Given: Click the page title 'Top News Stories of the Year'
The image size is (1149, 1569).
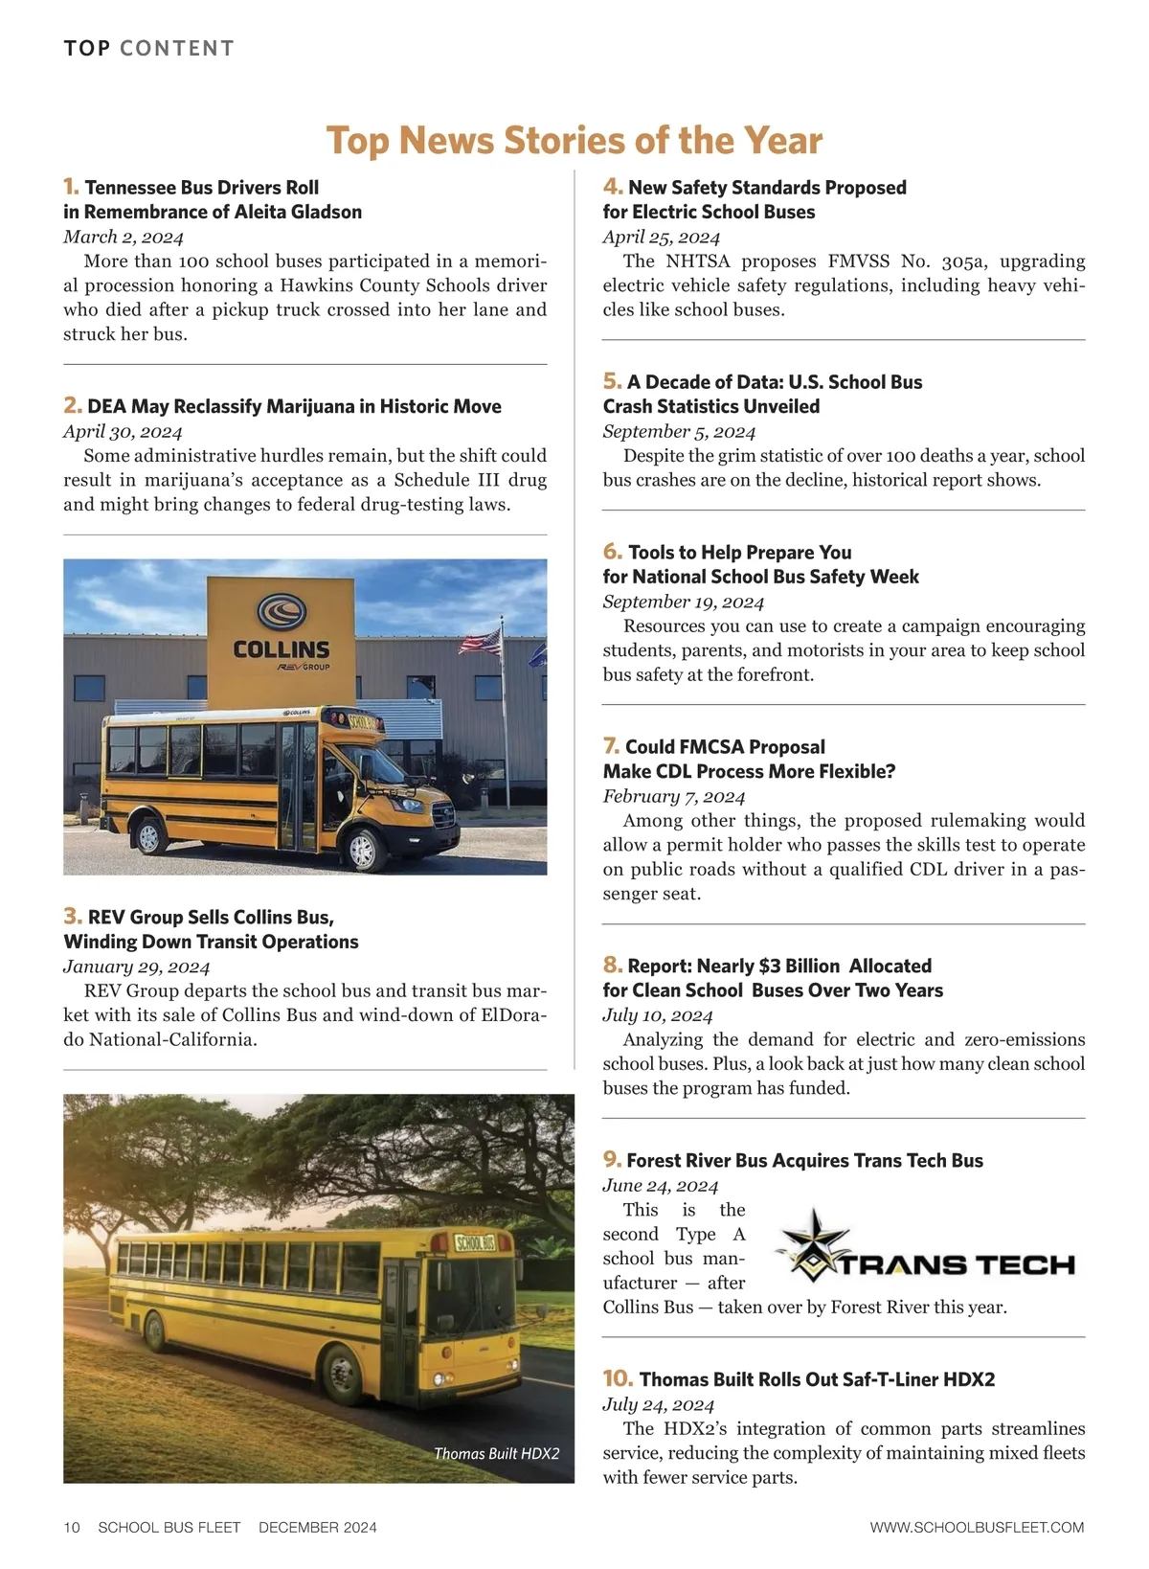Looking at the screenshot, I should pyautogui.click(x=574, y=140).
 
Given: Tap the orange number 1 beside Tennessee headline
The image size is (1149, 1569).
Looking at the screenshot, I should pyautogui.click(x=71, y=186).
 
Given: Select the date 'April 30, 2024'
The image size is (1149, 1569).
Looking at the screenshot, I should pyautogui.click(x=123, y=431).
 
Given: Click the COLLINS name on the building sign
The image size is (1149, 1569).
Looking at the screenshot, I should pyautogui.click(x=282, y=648).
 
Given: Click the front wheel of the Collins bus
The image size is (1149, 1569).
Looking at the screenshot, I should pyautogui.click(x=363, y=848).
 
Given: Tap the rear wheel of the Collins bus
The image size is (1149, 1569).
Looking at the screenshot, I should pyautogui.click(x=149, y=835).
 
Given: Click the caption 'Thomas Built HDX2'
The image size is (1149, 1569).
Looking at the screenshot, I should pyautogui.click(x=496, y=1453).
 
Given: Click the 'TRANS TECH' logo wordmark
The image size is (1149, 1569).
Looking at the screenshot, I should pyautogui.click(x=957, y=1264).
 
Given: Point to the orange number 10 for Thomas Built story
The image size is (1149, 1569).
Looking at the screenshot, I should pyautogui.click(x=618, y=1378).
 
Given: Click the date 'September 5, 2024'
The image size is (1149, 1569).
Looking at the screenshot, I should pyautogui.click(x=679, y=431).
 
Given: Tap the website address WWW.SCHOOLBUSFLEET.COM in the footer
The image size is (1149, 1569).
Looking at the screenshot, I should pyautogui.click(x=977, y=1527).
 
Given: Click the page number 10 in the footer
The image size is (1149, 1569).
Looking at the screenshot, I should pyautogui.click(x=72, y=1527).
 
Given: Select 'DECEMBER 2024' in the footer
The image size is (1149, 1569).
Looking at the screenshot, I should pyautogui.click(x=318, y=1527).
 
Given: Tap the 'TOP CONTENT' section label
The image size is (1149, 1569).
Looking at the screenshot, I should pyautogui.click(x=148, y=48).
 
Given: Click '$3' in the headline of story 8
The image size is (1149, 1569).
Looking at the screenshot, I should pyautogui.click(x=769, y=966).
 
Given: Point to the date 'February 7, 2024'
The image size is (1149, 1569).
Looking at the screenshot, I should pyautogui.click(x=673, y=796).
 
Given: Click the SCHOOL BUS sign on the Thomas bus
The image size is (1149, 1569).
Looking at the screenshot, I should pyautogui.click(x=475, y=1243).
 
